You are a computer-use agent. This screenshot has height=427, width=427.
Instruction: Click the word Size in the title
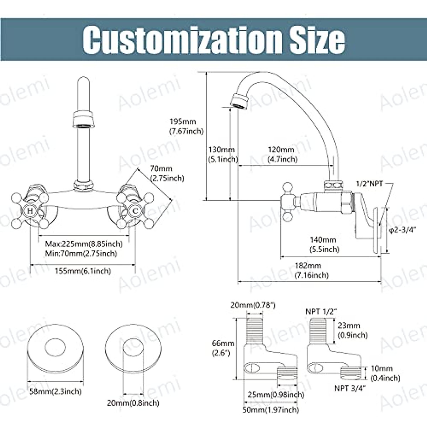point(317,40)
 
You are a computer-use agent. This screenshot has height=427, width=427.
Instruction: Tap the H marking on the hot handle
point(30,211)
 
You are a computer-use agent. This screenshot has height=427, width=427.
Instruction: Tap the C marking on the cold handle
point(135,211)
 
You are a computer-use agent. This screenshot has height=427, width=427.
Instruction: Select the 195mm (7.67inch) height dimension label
point(186,126)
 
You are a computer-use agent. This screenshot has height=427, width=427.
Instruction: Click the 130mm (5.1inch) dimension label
point(223,154)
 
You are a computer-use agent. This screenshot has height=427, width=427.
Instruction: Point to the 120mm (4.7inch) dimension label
point(283,154)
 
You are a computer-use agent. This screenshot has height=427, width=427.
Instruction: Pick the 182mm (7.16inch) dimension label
point(312,270)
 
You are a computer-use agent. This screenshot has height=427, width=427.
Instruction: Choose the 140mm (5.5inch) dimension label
point(325,244)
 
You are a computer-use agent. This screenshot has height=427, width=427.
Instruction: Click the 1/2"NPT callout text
point(369,184)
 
